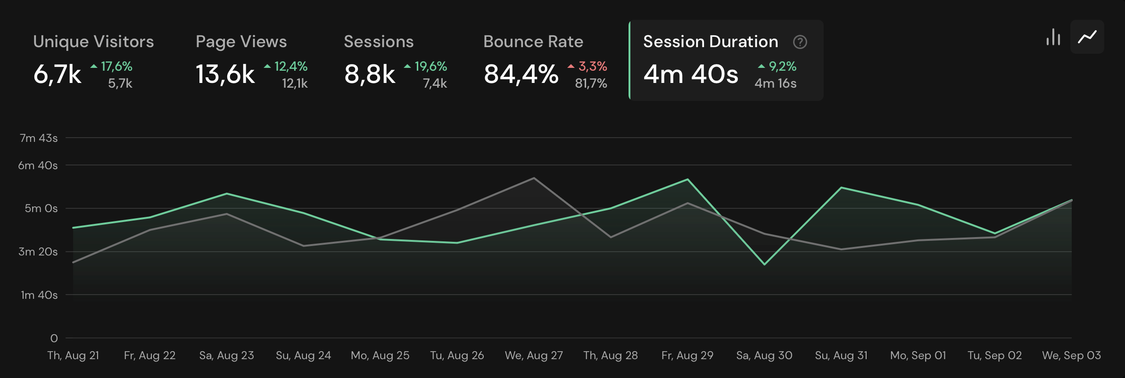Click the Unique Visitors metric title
pos(93,41)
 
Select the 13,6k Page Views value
pos(225,74)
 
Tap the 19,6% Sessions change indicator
pos(426,66)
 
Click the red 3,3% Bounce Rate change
pos(588,66)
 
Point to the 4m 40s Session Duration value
pos(691,74)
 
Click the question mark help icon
pos(800,42)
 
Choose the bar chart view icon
pos(1053,37)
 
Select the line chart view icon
pos(1087,37)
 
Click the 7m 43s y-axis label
pos(39,138)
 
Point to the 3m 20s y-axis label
pos(38,252)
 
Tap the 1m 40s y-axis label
pos(39,295)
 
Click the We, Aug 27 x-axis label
pos(534,355)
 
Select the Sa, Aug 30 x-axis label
pos(764,355)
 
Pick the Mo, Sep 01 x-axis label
pos(918,355)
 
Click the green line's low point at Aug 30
pos(764,264)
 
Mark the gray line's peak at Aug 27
pos(534,178)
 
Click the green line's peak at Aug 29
pos(687,179)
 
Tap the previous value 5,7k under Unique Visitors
pos(120,83)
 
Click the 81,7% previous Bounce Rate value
pos(591,83)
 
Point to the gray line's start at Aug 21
pos(73,263)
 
